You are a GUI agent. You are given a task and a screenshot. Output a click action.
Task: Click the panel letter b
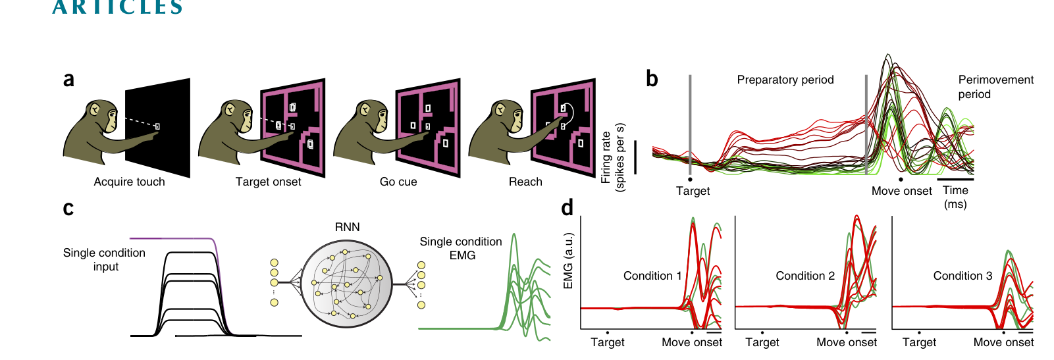pyautogui.click(x=652, y=78)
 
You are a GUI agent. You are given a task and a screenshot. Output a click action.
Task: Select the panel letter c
pyautogui.click(x=68, y=209)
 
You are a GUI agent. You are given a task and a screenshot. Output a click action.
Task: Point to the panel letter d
pyautogui.click(x=567, y=207)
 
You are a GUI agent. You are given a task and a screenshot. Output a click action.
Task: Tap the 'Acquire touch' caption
pyautogui.click(x=130, y=182)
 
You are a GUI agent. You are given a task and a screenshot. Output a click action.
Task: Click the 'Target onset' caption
pyautogui.click(x=268, y=182)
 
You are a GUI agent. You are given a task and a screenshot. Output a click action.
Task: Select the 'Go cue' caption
pyautogui.click(x=398, y=182)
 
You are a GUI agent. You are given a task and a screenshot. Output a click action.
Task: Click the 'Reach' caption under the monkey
pyautogui.click(x=525, y=182)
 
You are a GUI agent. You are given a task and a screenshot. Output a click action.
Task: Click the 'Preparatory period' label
pyautogui.click(x=785, y=80)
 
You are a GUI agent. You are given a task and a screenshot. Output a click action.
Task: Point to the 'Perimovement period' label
pyautogui.click(x=995, y=87)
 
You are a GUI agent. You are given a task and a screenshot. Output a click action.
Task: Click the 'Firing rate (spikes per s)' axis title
pyautogui.click(x=613, y=157)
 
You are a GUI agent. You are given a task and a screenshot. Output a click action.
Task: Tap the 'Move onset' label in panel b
pyautogui.click(x=901, y=191)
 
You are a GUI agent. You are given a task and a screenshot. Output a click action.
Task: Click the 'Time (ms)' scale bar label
pyautogui.click(x=955, y=197)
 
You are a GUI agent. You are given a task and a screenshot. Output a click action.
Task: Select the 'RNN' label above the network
pyautogui.click(x=347, y=227)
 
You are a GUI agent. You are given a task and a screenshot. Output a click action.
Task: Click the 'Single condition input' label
pyautogui.click(x=105, y=260)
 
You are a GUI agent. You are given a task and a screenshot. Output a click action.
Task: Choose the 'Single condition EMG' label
pyautogui.click(x=461, y=249)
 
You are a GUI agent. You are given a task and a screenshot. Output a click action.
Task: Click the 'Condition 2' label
pyautogui.click(x=805, y=276)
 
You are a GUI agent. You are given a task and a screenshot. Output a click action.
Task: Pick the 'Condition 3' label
pyautogui.click(x=962, y=276)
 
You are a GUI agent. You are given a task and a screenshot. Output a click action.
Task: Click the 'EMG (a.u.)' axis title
pyautogui.click(x=568, y=261)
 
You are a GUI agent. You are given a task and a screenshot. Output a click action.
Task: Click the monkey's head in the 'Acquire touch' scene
pyautogui.click(x=101, y=115)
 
